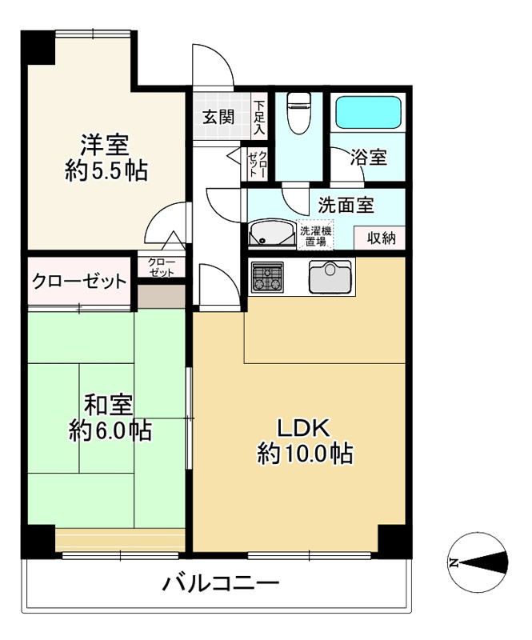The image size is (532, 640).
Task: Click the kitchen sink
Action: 329,278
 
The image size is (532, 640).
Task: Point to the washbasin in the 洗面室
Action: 269,234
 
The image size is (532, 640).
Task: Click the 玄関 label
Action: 218,117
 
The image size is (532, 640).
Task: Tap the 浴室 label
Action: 369,157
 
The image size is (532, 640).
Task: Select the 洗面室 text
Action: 346,205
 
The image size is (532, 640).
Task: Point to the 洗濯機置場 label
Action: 314,236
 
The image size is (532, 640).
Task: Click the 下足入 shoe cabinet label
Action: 259,117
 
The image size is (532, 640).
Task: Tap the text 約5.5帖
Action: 106,171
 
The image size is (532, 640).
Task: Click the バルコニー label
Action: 221,584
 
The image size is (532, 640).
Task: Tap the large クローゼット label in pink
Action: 79,282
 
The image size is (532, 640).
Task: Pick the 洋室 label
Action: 104,146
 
